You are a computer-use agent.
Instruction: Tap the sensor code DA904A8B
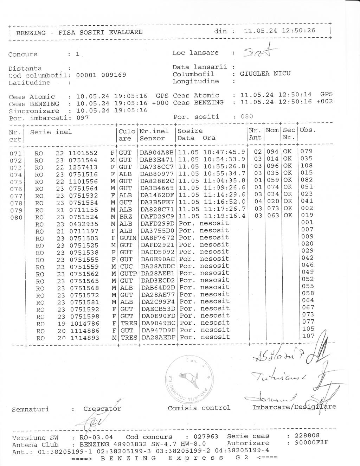pos(157,153)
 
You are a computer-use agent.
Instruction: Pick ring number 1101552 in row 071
pos(83,153)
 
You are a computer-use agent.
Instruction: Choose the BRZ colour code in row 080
pos(126,217)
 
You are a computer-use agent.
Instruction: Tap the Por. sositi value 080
pos(247,116)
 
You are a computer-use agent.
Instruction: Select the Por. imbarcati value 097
pos(83,118)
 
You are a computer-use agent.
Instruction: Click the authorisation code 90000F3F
pos(312,443)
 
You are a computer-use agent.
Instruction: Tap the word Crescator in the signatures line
pos(102,409)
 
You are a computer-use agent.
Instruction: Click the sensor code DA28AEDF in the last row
pos(158,337)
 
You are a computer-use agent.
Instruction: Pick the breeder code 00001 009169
pos(101,75)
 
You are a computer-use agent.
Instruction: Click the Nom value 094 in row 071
pos(273,152)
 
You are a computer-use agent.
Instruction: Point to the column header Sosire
pos(190,131)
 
